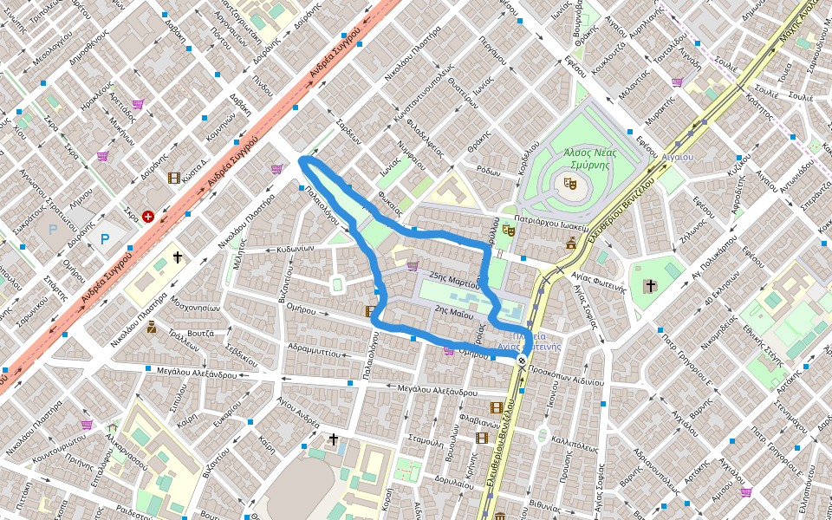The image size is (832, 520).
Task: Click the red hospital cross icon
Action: [148, 216]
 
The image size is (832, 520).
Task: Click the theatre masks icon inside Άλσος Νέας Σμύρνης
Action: [569, 184]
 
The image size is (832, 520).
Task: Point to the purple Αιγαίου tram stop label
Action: [677, 157]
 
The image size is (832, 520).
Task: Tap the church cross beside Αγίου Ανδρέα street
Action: [333, 439]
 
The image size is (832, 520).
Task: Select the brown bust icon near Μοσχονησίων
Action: [151, 328]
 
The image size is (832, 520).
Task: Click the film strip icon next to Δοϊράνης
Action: [175, 178]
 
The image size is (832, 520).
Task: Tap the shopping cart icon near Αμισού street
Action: [746, 491]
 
